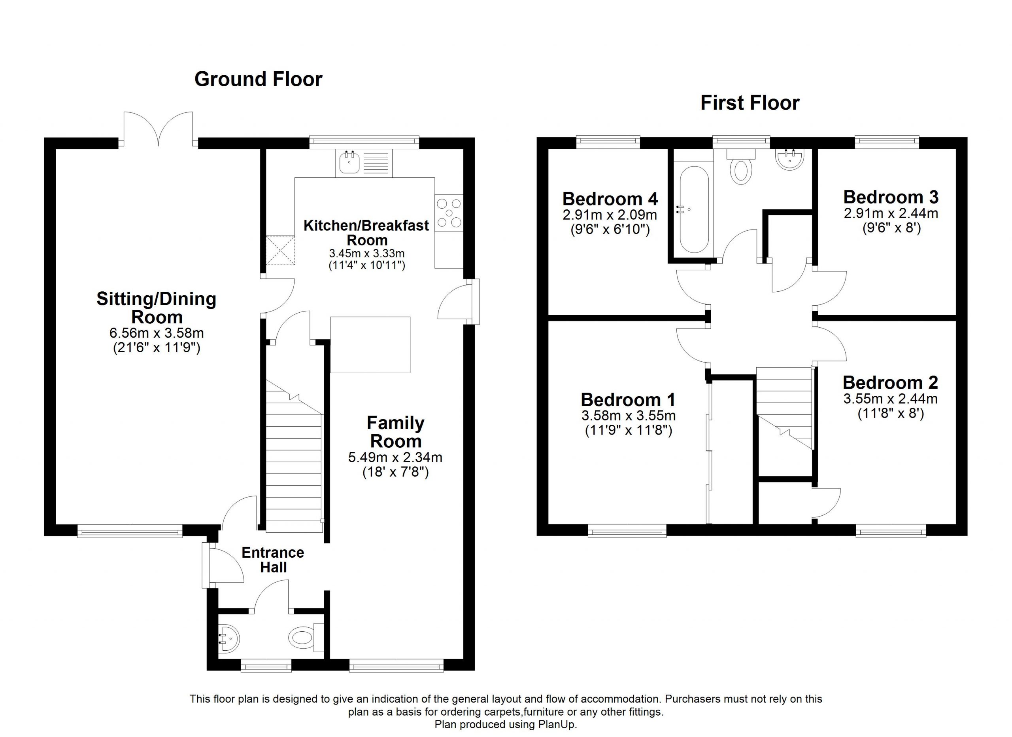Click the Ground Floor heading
(259, 80)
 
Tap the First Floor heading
(750, 103)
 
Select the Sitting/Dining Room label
(157, 308)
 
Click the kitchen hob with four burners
(449, 213)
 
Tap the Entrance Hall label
(273, 560)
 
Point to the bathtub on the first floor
(694, 209)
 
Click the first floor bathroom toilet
(741, 166)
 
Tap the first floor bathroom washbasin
(790, 159)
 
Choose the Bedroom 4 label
(610, 199)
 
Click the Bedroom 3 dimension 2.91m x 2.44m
(891, 213)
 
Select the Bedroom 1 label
(628, 399)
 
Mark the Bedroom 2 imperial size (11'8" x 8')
(891, 413)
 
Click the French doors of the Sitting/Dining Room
(159, 129)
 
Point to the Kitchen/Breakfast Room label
(366, 232)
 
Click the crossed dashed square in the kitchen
(280, 251)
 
